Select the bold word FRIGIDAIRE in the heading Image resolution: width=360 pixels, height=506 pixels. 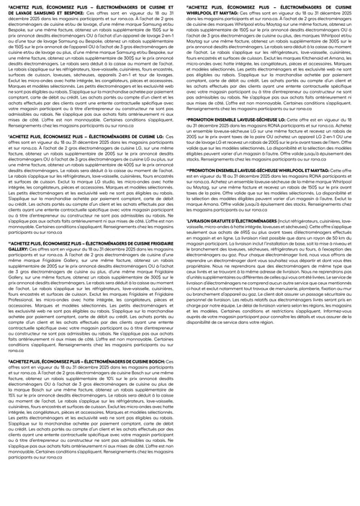point(161,243)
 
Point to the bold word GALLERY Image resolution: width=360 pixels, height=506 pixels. point(15,247)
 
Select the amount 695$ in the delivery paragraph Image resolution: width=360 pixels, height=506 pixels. point(230,232)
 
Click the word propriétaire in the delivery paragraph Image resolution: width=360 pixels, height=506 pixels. point(194,266)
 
